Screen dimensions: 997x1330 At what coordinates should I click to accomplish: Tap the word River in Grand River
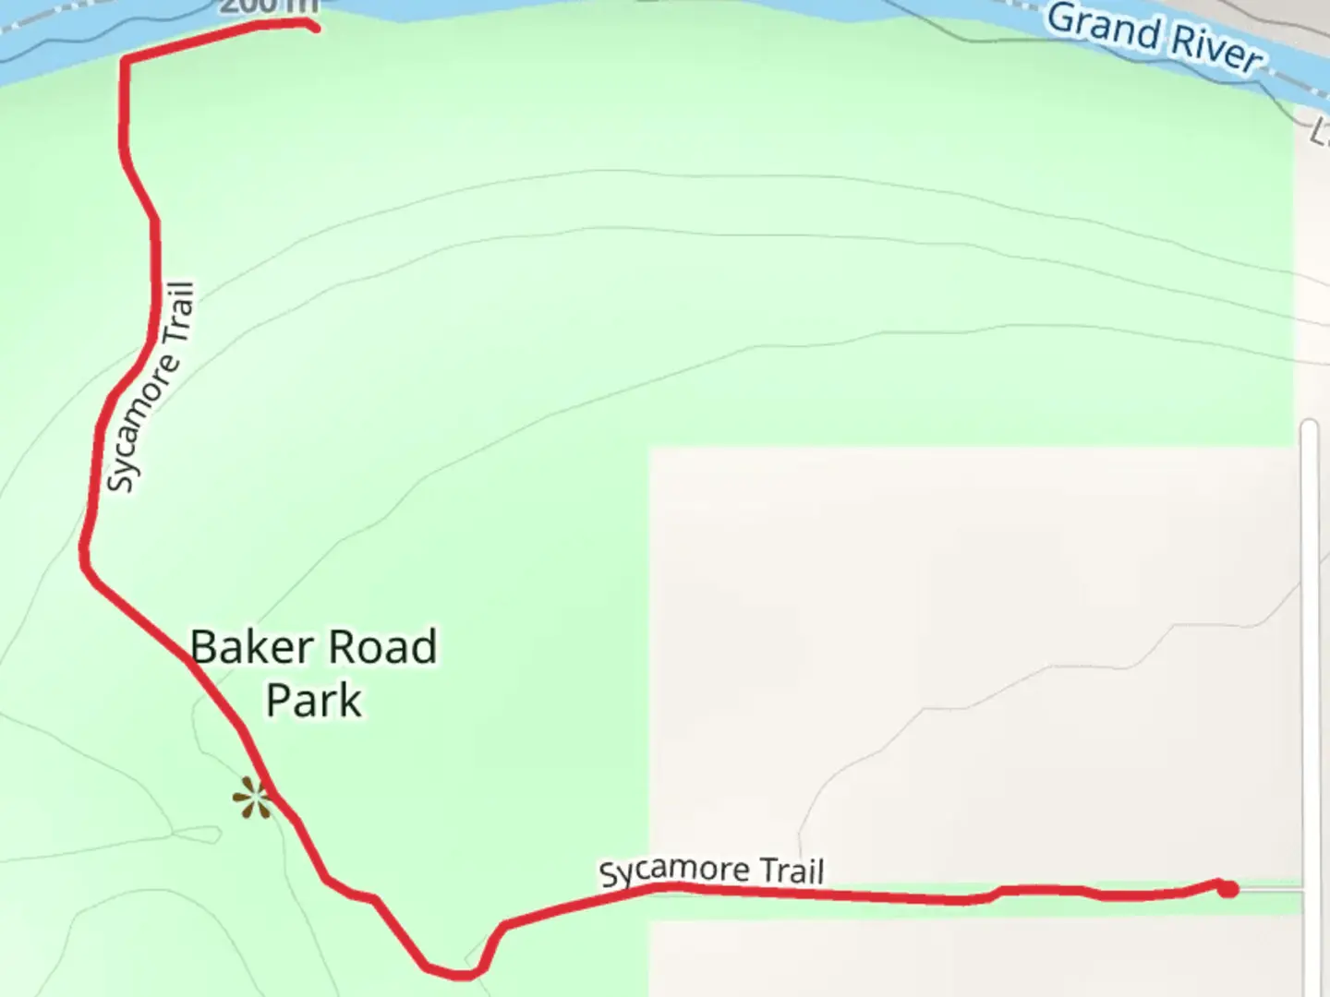tap(1217, 47)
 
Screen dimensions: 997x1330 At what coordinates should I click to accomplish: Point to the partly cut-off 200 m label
tap(268, 6)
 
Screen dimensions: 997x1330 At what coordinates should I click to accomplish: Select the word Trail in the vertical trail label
tap(180, 312)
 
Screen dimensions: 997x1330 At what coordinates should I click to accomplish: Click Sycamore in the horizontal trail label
tap(674, 871)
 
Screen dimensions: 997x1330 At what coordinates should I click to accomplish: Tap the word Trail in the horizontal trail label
tap(791, 871)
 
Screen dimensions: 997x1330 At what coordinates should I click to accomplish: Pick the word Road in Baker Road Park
tap(382, 647)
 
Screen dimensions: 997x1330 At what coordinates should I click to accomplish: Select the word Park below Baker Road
tap(314, 701)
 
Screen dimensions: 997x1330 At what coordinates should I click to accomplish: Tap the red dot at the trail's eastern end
tap(1227, 889)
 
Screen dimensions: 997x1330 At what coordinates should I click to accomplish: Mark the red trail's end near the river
tap(314, 27)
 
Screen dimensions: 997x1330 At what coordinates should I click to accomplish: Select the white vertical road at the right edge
tap(1309, 646)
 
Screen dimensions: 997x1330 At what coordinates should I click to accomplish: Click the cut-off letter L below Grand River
tap(1320, 132)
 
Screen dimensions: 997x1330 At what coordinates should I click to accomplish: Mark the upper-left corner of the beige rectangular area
tap(651, 450)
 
